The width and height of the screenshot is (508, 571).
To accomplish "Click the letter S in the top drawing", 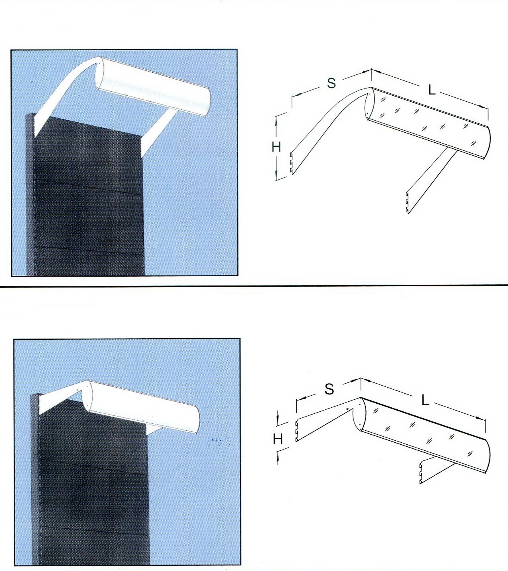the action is point(332,83).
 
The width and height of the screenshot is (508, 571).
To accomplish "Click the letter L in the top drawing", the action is point(432,90).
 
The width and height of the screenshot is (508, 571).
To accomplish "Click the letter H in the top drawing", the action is point(276,147).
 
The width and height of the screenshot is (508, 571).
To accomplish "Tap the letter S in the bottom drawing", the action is point(329,389).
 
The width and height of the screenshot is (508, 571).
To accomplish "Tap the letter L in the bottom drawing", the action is point(425,401).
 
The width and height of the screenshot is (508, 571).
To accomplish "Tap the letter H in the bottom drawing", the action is point(278,439).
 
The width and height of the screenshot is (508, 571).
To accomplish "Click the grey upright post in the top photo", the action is point(30,195).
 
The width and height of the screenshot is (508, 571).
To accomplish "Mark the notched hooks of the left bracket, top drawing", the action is point(291,163).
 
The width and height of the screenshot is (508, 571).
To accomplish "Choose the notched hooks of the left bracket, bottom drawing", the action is point(296,431).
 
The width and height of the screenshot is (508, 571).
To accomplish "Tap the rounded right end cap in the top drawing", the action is point(488,144).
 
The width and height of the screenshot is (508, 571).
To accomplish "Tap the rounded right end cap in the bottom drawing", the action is point(487,456).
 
